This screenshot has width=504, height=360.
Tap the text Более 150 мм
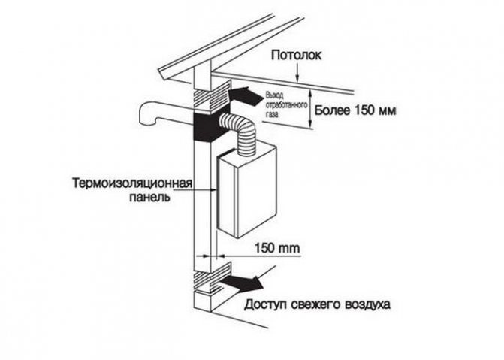[354, 111]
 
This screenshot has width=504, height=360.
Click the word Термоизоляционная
[135, 184]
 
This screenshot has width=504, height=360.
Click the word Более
[330, 111]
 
